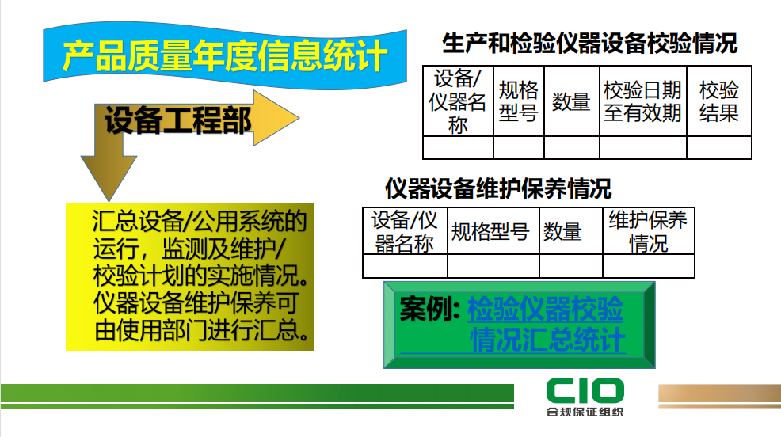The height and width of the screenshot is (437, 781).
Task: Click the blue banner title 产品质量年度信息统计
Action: (x=225, y=55)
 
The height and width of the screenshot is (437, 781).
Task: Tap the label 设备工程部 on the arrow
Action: (x=177, y=120)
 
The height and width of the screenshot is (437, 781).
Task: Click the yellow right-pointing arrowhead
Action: (x=276, y=118)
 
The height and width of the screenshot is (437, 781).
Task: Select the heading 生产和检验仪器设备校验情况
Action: (x=590, y=43)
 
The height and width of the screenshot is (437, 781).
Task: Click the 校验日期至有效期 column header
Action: (x=642, y=101)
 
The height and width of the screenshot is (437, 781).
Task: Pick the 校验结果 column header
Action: (x=718, y=101)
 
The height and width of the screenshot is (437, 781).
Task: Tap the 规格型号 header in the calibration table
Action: (x=519, y=101)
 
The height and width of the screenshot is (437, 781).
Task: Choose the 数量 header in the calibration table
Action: (x=571, y=101)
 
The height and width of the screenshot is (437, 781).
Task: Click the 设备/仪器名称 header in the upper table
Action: (x=458, y=101)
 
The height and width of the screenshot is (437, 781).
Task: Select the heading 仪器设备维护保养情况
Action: (x=498, y=188)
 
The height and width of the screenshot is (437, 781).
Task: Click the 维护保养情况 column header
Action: (x=648, y=231)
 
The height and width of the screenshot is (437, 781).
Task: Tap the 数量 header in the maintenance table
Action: (x=562, y=232)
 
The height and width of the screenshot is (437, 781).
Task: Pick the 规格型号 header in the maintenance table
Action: (x=490, y=232)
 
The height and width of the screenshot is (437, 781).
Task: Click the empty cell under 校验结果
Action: (x=718, y=148)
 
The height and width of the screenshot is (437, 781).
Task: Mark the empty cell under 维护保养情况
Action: (x=649, y=266)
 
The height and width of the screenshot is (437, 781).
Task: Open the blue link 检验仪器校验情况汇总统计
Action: (x=546, y=325)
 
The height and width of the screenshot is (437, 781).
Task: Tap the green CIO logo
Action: (x=585, y=390)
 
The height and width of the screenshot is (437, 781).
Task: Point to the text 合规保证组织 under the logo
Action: (x=585, y=412)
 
